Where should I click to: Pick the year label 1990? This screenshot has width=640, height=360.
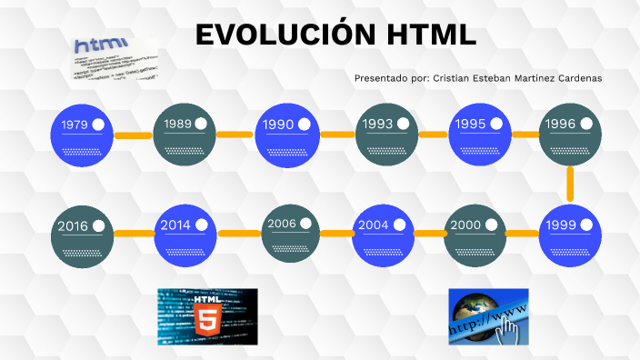coord(277,124)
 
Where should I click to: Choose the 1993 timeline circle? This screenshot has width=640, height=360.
coord(385,135)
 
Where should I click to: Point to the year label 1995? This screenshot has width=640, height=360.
coord(472,124)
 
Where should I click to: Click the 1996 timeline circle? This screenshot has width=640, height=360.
coord(570,135)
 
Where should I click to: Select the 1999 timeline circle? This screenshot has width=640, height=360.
coord(570,234)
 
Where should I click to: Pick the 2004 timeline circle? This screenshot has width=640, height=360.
coord(381,234)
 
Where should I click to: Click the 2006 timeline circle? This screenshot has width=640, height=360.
coord(290,234)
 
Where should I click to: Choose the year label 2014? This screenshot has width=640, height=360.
coord(175,225)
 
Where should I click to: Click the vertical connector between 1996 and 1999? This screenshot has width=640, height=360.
coord(570,185)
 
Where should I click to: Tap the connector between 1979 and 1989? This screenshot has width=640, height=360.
coord(134,135)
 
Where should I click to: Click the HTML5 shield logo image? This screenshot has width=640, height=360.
coord(207,317)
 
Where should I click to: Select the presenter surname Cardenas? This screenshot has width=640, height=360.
coord(574,78)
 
